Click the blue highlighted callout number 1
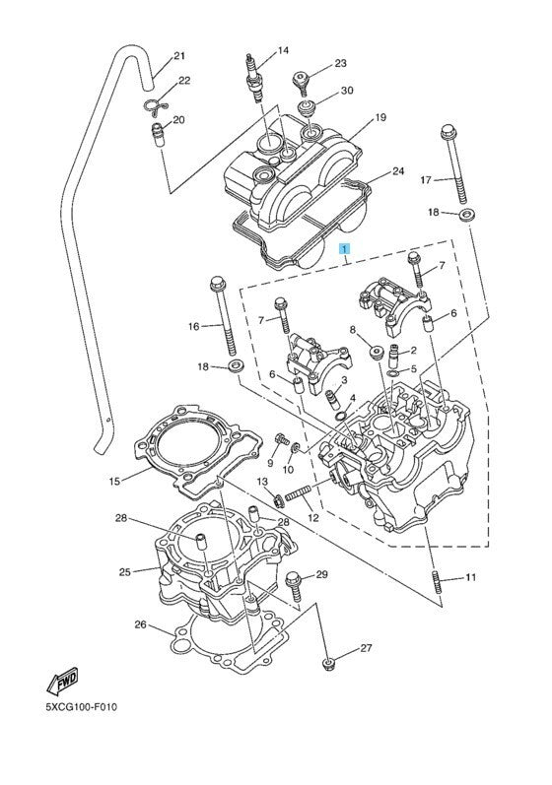(345, 248)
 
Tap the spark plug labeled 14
(253, 78)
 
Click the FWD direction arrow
(62, 681)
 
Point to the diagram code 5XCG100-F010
(81, 707)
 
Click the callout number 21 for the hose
(179, 56)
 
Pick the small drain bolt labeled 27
(328, 664)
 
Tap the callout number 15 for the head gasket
(114, 481)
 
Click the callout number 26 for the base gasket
(140, 624)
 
